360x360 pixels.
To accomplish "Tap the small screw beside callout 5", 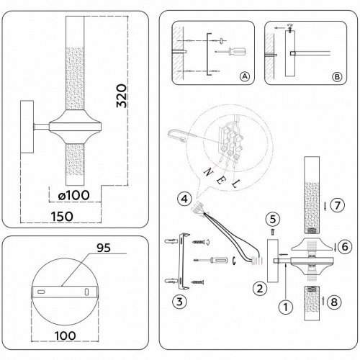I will pyautogui.click(x=272, y=231).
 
